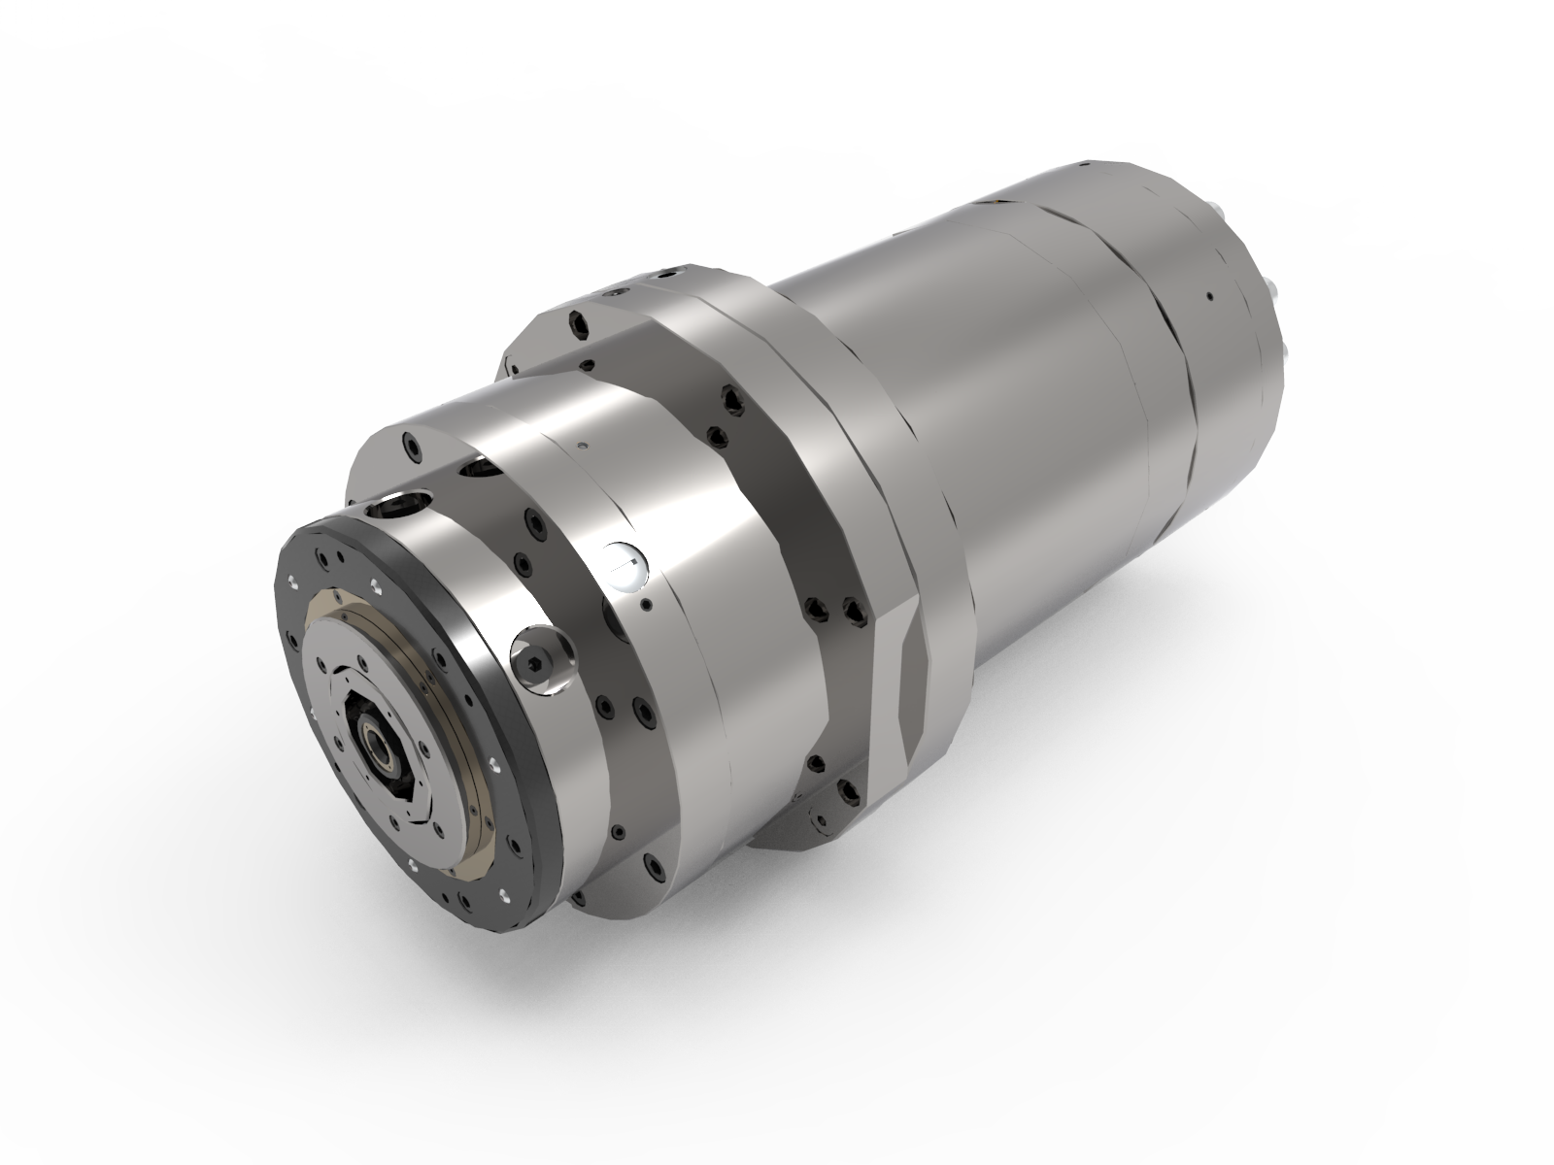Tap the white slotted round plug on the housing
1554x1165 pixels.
(x=624, y=564)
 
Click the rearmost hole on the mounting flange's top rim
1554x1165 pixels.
(x=670, y=273)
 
